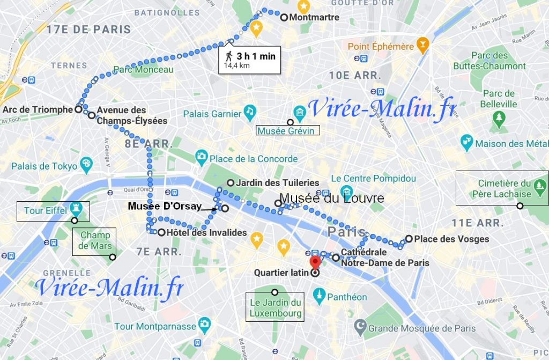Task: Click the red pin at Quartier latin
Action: click(x=315, y=261)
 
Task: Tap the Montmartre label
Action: click(x=314, y=17)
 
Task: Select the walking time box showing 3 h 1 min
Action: click(x=250, y=60)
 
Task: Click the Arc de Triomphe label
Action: click(x=37, y=109)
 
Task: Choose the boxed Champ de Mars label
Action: click(x=95, y=241)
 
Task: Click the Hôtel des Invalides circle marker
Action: click(x=161, y=232)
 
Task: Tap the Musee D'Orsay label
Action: click(x=165, y=206)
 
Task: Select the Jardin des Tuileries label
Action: click(x=277, y=182)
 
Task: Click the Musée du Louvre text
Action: click(x=332, y=199)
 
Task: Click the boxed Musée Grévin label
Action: click(x=287, y=130)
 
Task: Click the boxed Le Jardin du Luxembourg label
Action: click(x=275, y=307)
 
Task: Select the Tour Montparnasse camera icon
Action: click(x=204, y=324)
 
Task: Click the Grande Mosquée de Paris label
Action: click(x=422, y=328)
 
